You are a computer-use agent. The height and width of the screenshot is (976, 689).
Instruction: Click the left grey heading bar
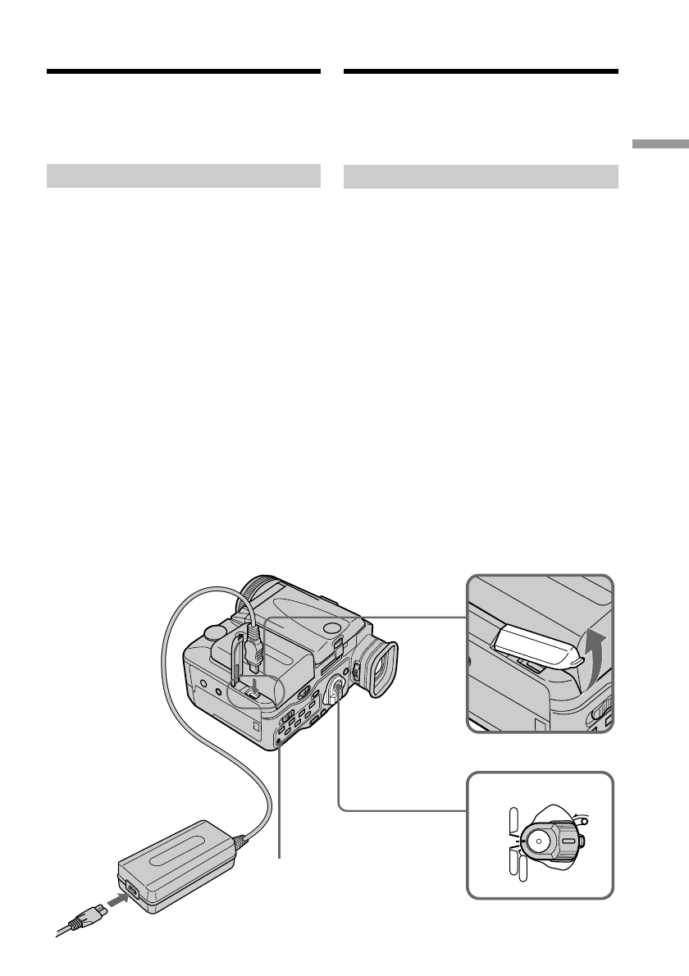point(183,176)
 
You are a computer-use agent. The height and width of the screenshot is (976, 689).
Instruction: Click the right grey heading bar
point(480,176)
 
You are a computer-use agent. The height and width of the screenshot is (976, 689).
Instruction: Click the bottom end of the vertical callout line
point(280,858)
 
